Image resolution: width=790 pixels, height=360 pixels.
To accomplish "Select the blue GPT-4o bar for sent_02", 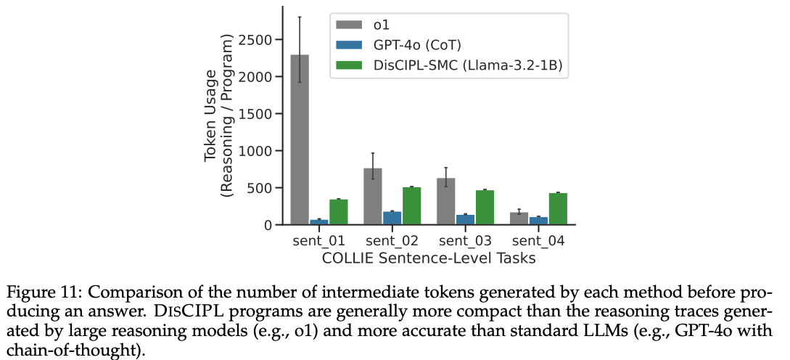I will tap(392, 218).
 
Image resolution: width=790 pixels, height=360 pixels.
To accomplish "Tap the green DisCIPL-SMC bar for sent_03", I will tap(485, 208).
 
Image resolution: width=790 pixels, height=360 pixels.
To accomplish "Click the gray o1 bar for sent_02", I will tap(372, 197).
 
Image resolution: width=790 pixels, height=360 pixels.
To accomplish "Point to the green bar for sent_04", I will tap(558, 209).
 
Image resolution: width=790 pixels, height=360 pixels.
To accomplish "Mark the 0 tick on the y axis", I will tap(268, 225).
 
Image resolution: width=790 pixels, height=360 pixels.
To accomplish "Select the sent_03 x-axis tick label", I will tap(465, 240).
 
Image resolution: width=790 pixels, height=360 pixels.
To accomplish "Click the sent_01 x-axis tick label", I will tap(318, 240).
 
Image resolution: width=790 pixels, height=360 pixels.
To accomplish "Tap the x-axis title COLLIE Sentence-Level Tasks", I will tap(429, 258).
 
